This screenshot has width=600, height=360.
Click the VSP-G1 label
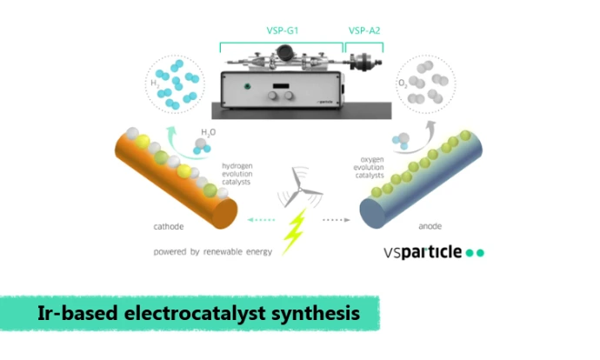283,30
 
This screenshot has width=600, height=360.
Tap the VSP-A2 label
364,30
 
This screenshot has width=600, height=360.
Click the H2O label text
209,132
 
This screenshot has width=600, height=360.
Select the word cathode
169,226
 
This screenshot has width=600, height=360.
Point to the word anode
430,226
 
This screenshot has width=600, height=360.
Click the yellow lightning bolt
295,231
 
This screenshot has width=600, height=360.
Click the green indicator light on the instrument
248,86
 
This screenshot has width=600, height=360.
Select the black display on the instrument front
281,86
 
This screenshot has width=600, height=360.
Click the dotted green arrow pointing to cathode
261,220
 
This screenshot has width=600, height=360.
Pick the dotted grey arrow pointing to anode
337,220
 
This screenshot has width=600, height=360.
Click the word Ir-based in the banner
77,313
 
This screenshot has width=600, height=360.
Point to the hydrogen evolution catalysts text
237,174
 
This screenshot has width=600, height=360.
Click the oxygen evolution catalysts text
369,167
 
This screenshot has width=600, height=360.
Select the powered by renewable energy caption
213,251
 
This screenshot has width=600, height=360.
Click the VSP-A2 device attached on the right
363,62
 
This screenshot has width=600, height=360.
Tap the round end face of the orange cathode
224,213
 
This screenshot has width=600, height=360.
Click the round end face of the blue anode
372,213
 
